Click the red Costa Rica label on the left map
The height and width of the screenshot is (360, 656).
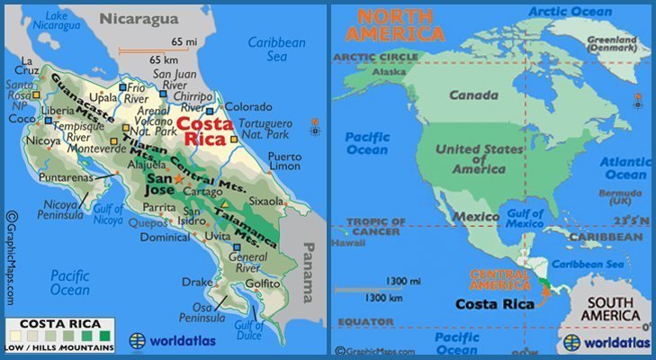click(204, 132)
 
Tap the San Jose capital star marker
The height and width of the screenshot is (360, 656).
click(177, 179)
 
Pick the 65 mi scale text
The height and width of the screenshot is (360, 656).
click(184, 42)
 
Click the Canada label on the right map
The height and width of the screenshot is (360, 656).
click(474, 95)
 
